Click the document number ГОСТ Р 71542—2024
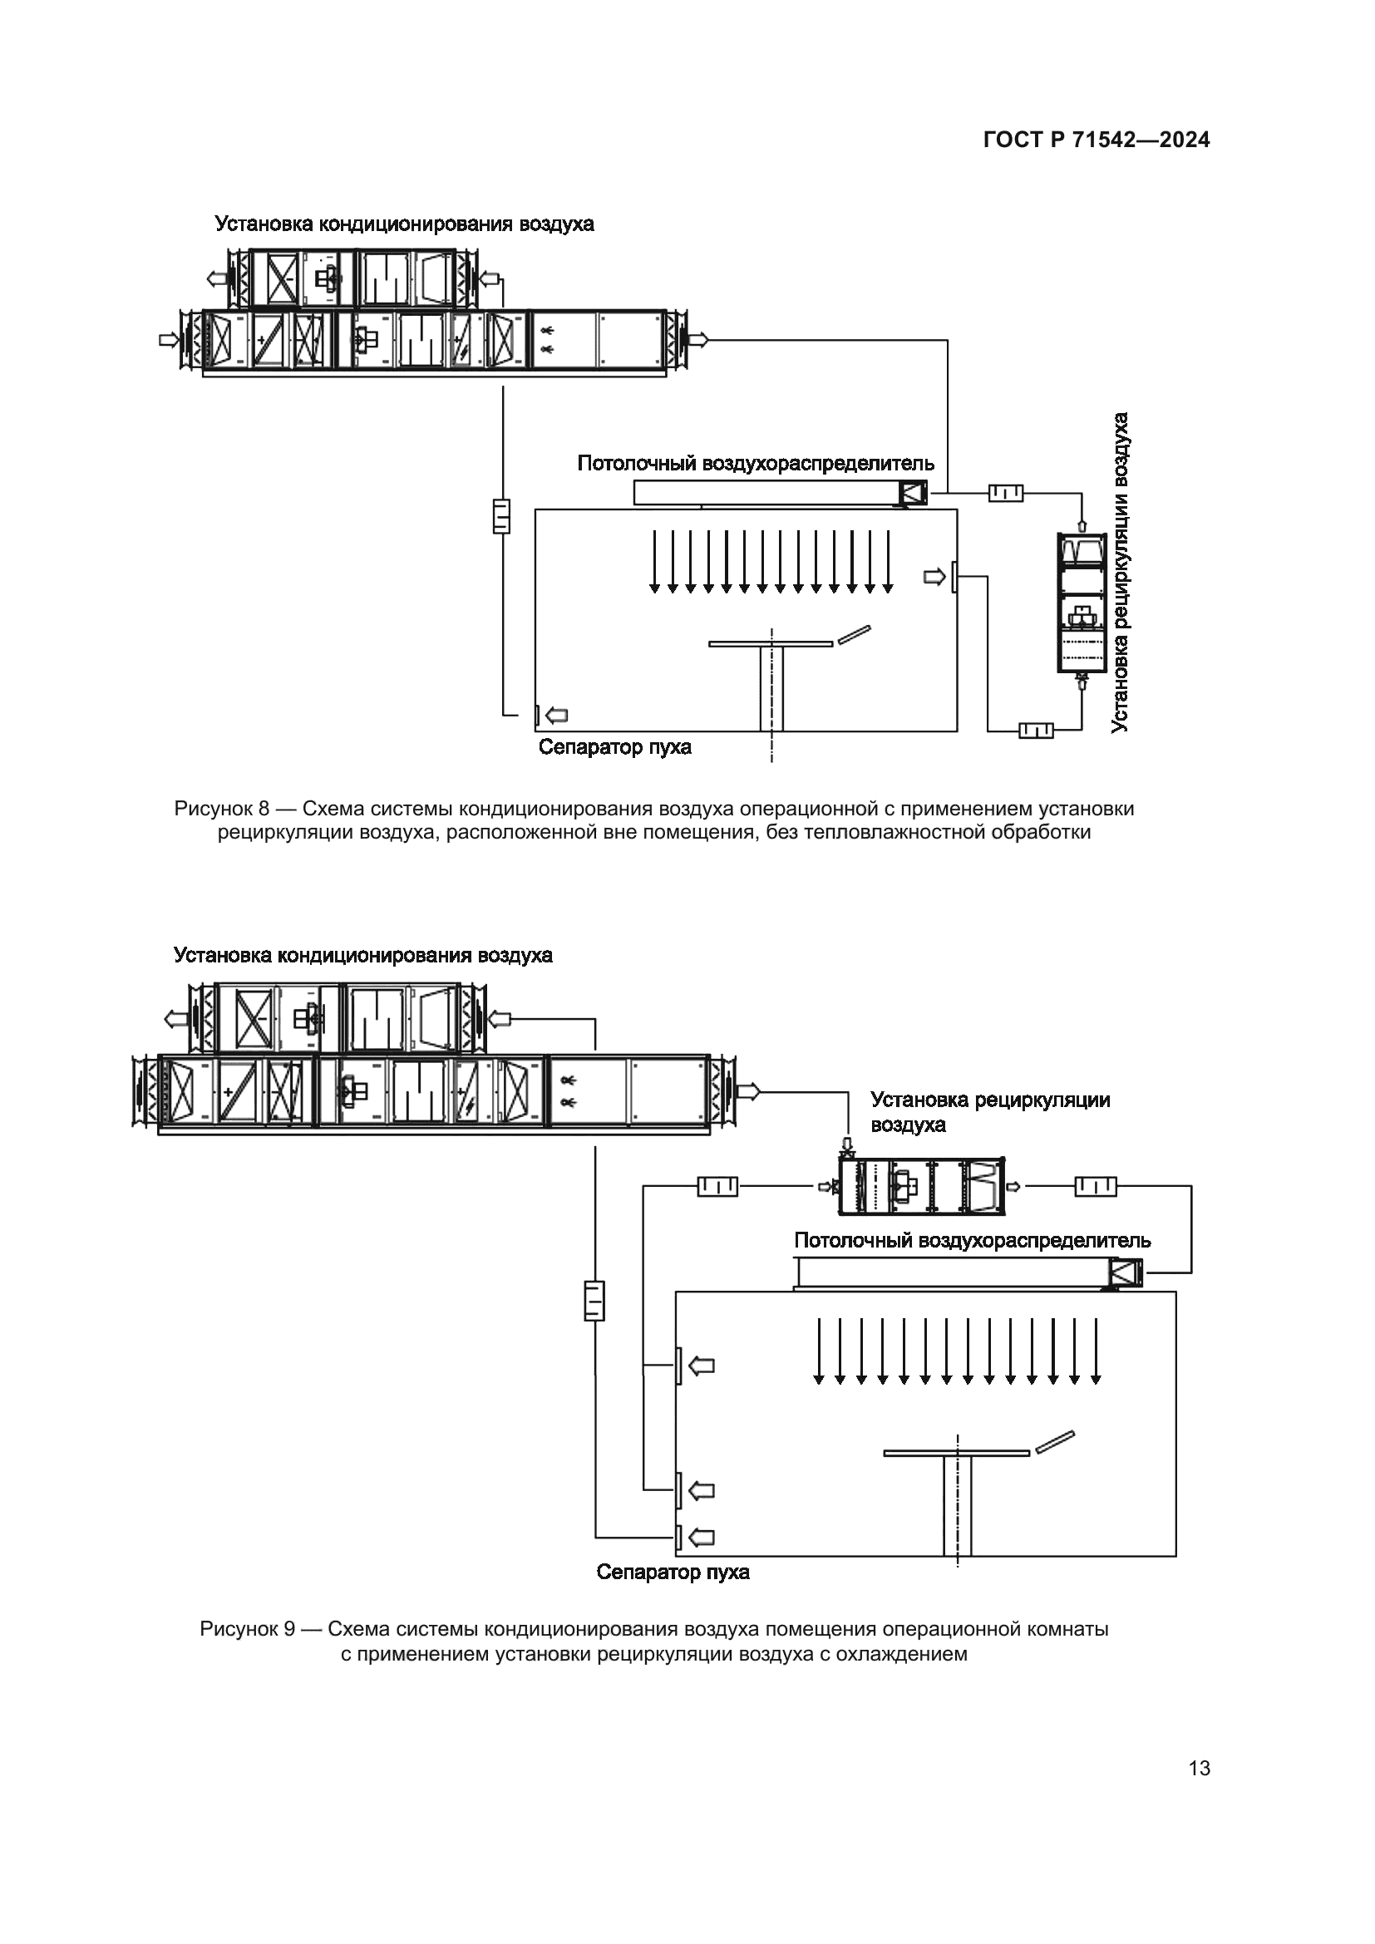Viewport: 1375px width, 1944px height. pyautogui.click(x=1097, y=140)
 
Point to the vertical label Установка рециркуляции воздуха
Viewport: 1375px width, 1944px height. pyautogui.click(x=1121, y=573)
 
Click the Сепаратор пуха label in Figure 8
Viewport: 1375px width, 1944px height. pyautogui.click(x=614, y=747)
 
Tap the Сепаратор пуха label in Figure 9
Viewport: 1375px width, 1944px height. pyautogui.click(x=673, y=1572)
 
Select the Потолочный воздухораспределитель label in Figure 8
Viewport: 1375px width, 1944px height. pyautogui.click(x=756, y=463)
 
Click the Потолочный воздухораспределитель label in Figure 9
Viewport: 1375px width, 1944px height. pyautogui.click(x=972, y=1240)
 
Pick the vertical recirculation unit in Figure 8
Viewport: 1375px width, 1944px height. pyautogui.click(x=1082, y=603)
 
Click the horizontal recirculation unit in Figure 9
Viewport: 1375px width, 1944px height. pyautogui.click(x=920, y=1186)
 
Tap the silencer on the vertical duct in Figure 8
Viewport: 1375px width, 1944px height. pyautogui.click(x=502, y=515)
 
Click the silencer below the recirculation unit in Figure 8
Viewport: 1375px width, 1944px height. pyautogui.click(x=1037, y=730)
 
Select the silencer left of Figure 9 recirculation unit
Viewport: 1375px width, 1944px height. pyautogui.click(x=718, y=1187)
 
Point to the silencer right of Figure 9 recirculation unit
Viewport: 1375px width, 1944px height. pyautogui.click(x=1096, y=1187)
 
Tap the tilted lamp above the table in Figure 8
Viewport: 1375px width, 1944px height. pyautogui.click(x=854, y=635)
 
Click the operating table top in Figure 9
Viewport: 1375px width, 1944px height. pyautogui.click(x=957, y=1454)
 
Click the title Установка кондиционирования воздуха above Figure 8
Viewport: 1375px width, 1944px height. pyautogui.click(x=404, y=224)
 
